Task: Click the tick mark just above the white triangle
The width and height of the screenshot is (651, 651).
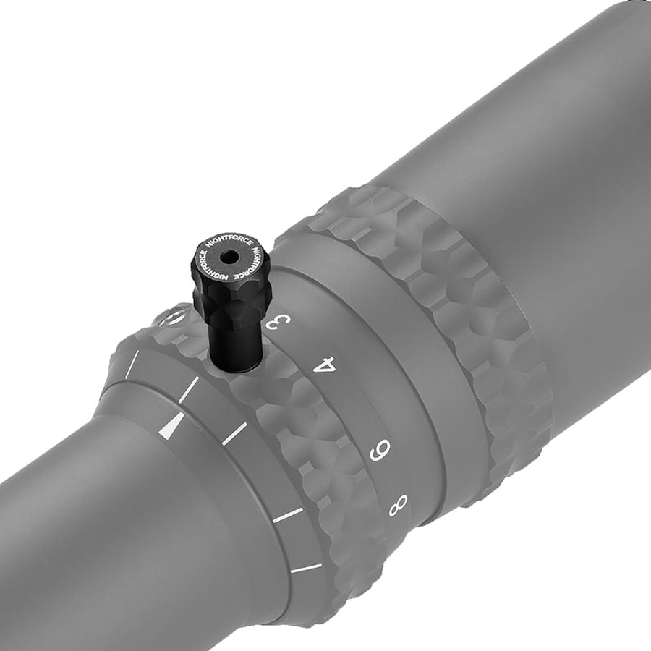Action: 187,389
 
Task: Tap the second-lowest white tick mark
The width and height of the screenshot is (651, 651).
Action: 288,516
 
